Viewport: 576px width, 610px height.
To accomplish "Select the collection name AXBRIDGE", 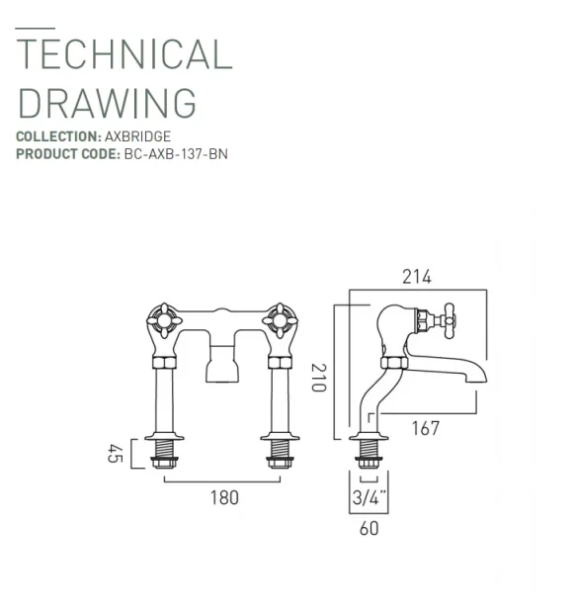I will pyautogui.click(x=139, y=137).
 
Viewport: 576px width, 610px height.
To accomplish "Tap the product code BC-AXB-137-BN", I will pyautogui.click(x=175, y=154).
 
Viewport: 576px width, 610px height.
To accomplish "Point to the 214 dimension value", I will pyautogui.click(x=417, y=277).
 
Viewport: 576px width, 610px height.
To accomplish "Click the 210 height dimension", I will pyautogui.click(x=318, y=376).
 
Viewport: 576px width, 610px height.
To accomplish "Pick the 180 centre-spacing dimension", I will pyautogui.click(x=224, y=496).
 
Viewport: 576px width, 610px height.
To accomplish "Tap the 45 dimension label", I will pyautogui.click(x=113, y=454).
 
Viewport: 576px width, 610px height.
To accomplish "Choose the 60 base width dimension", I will pyautogui.click(x=369, y=529).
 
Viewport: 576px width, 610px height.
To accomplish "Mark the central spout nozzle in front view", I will pyautogui.click(x=221, y=369).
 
